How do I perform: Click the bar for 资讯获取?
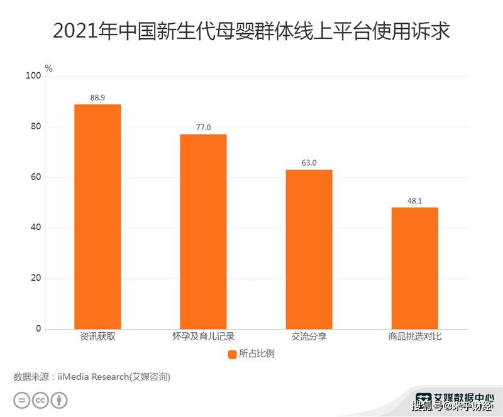pyautogui.click(x=97, y=217)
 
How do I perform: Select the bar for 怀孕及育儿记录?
pyautogui.click(x=203, y=232)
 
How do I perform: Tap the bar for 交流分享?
pyautogui.click(x=309, y=249)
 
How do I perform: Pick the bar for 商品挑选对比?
pyautogui.click(x=414, y=268)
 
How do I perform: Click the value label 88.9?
pyautogui.click(x=97, y=98)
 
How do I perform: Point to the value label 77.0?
pyautogui.click(x=203, y=128)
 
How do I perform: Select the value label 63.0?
pyautogui.click(x=309, y=163)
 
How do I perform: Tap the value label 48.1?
pyautogui.click(x=414, y=201)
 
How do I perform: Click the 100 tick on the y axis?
pyautogui.click(x=33, y=76)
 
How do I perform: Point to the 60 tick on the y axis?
pyautogui.click(x=36, y=177)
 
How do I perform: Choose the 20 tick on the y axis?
pyautogui.click(x=36, y=278)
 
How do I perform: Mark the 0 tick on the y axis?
pyautogui.click(x=38, y=328)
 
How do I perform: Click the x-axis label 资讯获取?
pyautogui.click(x=97, y=337)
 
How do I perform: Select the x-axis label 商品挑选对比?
pyautogui.click(x=414, y=337)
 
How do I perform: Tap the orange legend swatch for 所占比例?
pyautogui.click(x=231, y=354)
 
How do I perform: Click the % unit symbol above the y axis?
pyautogui.click(x=48, y=68)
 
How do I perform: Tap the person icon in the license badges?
pyautogui.click(x=59, y=400)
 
